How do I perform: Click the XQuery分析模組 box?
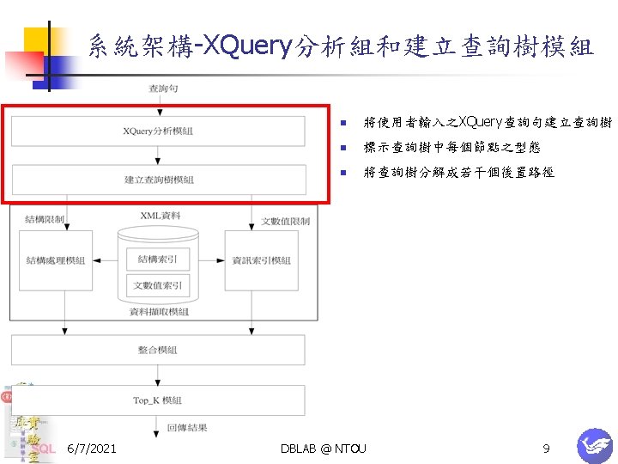click(x=158, y=131)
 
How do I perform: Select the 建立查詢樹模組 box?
click(x=158, y=180)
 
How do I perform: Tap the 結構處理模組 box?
click(x=56, y=260)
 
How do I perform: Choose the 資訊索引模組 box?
click(x=261, y=260)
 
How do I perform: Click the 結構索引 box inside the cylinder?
click(x=158, y=259)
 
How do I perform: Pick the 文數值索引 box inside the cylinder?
click(x=158, y=285)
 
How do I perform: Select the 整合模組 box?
click(x=158, y=350)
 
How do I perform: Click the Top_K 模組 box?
click(x=158, y=400)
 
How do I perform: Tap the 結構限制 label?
click(x=45, y=220)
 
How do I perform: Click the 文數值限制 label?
click(x=285, y=222)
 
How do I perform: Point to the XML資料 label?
click(x=161, y=215)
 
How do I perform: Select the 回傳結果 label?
click(x=187, y=427)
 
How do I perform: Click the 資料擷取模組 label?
click(x=159, y=312)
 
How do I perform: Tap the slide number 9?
click(x=546, y=449)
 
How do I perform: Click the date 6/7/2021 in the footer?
click(x=92, y=449)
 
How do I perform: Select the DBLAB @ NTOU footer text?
click(x=324, y=449)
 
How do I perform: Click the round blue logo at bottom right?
click(x=594, y=446)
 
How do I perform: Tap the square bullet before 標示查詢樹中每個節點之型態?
click(x=342, y=148)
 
